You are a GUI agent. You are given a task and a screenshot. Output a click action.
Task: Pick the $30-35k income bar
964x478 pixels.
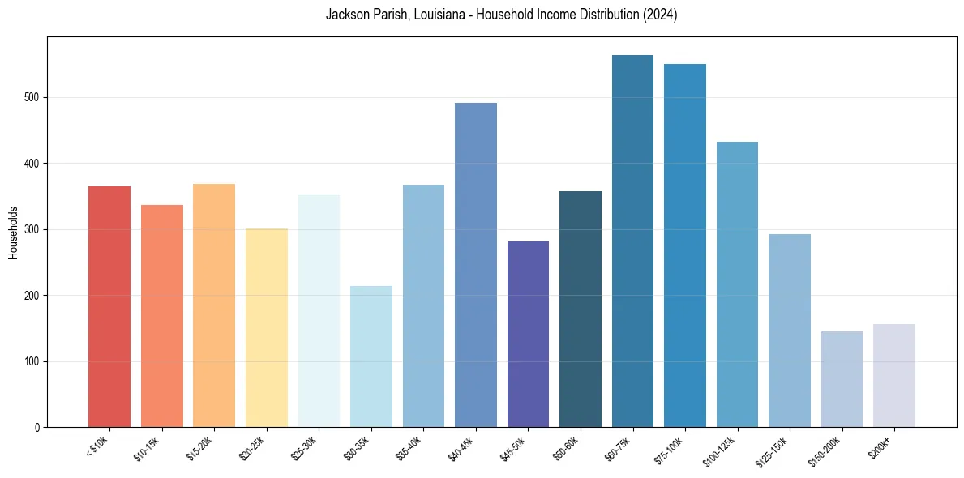(x=371, y=356)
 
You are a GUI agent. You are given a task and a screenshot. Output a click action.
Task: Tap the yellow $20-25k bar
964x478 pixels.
(x=267, y=327)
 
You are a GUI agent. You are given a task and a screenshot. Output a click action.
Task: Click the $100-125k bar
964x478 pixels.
(x=737, y=284)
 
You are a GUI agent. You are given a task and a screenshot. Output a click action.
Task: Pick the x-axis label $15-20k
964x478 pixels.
(x=199, y=447)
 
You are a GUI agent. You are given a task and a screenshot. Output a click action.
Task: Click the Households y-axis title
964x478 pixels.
(x=13, y=233)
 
